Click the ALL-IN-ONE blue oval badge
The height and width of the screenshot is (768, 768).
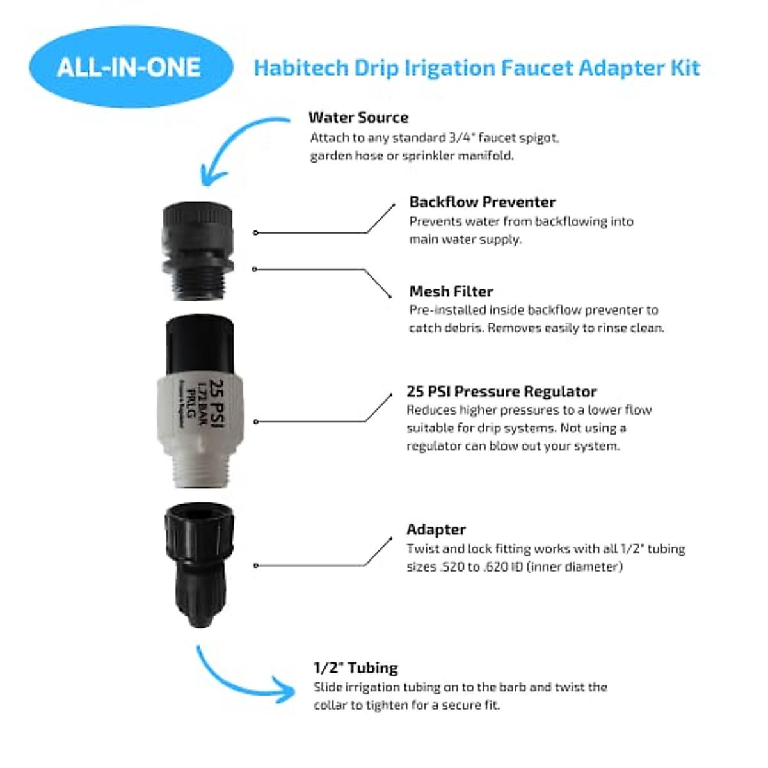130,67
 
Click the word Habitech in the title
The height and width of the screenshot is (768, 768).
301,68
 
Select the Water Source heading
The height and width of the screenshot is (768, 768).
358,118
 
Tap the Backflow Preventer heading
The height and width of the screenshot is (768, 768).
482,202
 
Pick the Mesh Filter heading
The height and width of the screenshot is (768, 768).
451,292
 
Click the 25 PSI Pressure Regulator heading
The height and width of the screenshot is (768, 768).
501,392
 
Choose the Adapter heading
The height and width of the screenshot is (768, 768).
436,530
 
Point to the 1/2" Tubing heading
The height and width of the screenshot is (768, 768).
355,668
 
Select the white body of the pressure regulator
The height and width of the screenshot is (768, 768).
198,410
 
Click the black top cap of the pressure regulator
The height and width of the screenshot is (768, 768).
199,342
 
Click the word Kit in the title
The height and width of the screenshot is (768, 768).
685,68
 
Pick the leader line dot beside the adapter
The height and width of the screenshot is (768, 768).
255,566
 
